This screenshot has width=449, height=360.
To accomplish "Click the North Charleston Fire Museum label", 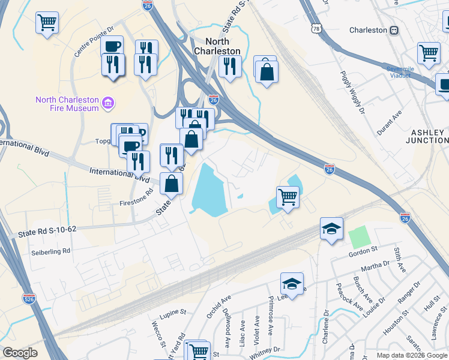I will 66,104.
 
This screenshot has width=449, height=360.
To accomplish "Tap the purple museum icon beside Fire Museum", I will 107,103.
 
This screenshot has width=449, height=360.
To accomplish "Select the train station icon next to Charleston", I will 395,30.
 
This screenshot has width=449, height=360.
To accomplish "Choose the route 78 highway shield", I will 316,28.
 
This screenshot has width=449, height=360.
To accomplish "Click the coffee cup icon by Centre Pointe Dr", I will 113,46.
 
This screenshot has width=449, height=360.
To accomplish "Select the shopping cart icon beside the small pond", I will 288,196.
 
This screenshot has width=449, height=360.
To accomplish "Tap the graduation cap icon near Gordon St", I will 331,229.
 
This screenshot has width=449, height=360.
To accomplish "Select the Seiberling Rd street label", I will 51,251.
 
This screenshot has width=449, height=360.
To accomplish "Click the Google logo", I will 20,353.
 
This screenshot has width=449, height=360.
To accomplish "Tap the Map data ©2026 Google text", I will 411,355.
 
